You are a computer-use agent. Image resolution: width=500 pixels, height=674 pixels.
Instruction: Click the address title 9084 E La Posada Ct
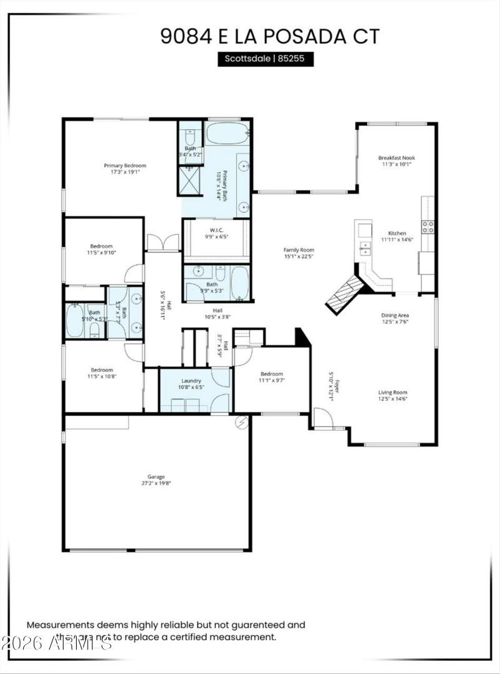coord(269,36)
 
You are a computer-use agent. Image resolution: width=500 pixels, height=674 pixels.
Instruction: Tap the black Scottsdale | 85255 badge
coord(265,59)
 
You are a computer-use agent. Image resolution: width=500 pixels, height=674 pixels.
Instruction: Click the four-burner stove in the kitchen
coord(428,227)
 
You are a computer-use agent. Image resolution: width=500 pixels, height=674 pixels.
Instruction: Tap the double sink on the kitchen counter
coord(364,248)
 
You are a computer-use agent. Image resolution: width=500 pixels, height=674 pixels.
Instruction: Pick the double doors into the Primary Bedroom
coord(162,243)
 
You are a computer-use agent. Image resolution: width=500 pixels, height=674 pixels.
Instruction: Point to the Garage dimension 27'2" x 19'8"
coord(152,480)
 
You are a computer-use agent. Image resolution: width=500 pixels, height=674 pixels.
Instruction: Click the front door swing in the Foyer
coord(322,418)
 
